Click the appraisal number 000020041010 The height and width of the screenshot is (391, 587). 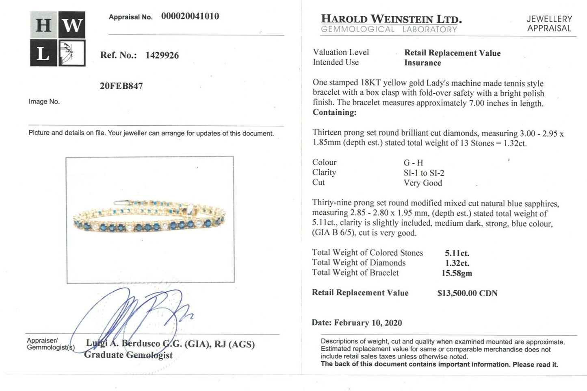pyautogui.click(x=190, y=16)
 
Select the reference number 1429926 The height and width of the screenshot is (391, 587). pyautogui.click(x=162, y=55)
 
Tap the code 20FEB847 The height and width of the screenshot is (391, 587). pyautogui.click(x=121, y=86)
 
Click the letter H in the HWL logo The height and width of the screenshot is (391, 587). pyautogui.click(x=43, y=25)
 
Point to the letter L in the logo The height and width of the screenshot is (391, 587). pyautogui.click(x=43, y=53)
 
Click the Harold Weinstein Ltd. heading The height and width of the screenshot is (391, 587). pyautogui.click(x=391, y=19)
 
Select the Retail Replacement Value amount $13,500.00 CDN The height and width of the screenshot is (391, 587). pyautogui.click(x=467, y=293)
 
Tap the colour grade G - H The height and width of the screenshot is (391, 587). pyautogui.click(x=413, y=163)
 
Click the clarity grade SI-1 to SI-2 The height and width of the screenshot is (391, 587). pyautogui.click(x=424, y=173)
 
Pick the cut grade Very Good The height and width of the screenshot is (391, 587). pyautogui.click(x=422, y=183)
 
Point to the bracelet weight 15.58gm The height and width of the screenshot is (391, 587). pyautogui.click(x=457, y=273)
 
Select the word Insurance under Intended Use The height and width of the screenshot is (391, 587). pyautogui.click(x=422, y=63)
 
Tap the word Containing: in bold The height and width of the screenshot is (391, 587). pyautogui.click(x=334, y=113)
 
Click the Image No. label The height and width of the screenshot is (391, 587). pyautogui.click(x=44, y=102)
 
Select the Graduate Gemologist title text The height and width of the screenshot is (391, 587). pyautogui.click(x=128, y=355)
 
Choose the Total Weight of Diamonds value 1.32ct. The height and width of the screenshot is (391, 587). pyautogui.click(x=457, y=263)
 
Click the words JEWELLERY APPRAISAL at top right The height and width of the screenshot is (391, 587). pyautogui.click(x=549, y=24)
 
